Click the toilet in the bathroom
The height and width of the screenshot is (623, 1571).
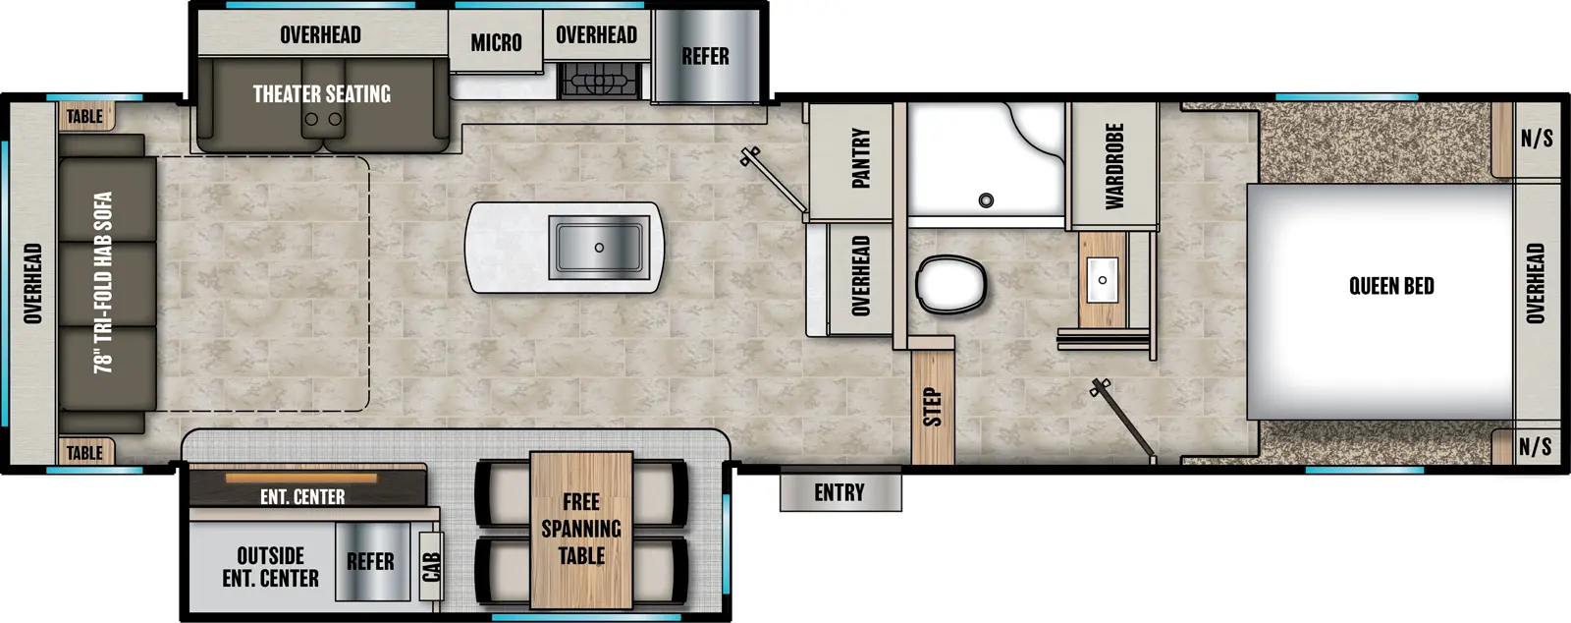950,285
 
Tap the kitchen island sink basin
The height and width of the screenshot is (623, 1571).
599,247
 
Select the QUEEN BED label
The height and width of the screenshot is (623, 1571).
1391,286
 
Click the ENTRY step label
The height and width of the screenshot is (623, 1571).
840,492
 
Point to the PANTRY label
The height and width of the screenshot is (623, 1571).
860,157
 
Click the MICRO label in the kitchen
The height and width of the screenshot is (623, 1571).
496,42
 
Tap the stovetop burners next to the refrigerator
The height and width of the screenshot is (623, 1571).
599,80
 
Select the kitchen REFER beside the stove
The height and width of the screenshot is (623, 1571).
706,56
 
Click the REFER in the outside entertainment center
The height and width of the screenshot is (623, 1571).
370,561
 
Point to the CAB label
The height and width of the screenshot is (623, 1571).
431,567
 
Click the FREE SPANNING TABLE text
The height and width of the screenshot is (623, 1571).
581,529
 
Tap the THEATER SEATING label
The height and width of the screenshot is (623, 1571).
322,93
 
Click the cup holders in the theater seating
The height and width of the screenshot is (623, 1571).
323,119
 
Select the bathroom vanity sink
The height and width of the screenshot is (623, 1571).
1103,280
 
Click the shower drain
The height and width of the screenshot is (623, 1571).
986,200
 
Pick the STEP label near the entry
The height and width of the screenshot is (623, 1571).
932,407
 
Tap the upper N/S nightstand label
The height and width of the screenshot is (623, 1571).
1537,139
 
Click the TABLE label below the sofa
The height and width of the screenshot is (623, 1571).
84,452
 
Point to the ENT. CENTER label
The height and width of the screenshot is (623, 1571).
302,497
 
